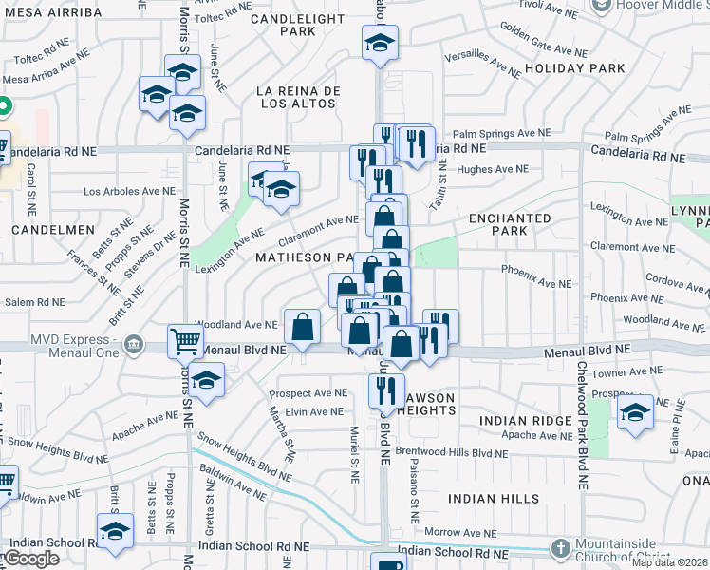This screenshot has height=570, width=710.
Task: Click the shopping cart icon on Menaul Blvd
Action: (185, 341)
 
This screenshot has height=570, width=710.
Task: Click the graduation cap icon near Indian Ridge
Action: (635, 411)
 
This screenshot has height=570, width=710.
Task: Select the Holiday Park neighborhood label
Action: (575, 68)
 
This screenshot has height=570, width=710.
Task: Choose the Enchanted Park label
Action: (511, 224)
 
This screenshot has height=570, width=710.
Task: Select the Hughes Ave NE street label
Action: (492, 169)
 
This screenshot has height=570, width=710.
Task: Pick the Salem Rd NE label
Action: (34, 302)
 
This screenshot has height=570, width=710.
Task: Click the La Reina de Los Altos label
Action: (298, 97)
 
